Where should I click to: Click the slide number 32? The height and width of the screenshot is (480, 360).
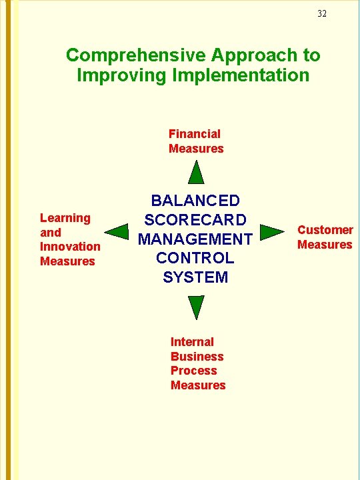coord(322,14)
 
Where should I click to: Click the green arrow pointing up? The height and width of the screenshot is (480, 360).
coord(195,173)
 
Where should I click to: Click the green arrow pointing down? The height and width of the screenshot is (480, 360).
coord(195,306)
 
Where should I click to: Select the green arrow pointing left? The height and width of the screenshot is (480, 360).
coord(118,233)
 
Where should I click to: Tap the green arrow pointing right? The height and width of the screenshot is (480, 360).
coord(271,233)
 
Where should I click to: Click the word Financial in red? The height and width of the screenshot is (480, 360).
coord(194,134)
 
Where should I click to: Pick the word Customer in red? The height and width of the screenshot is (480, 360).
coord(325,230)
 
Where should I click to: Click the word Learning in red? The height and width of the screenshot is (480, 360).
coord(65,218)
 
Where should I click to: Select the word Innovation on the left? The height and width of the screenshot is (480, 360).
coord(70,247)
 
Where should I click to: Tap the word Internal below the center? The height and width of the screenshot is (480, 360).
coord(192,342)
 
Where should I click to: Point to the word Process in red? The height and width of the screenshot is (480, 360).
coord(193,371)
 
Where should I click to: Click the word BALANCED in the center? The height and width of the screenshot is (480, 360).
coord(195,201)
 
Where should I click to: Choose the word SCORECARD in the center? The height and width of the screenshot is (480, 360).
coord(195,220)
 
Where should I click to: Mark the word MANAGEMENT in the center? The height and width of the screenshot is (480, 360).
coord(195,239)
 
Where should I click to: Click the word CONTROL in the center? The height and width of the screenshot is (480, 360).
coord(195,258)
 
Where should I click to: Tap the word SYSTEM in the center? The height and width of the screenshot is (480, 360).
coord(195,277)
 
